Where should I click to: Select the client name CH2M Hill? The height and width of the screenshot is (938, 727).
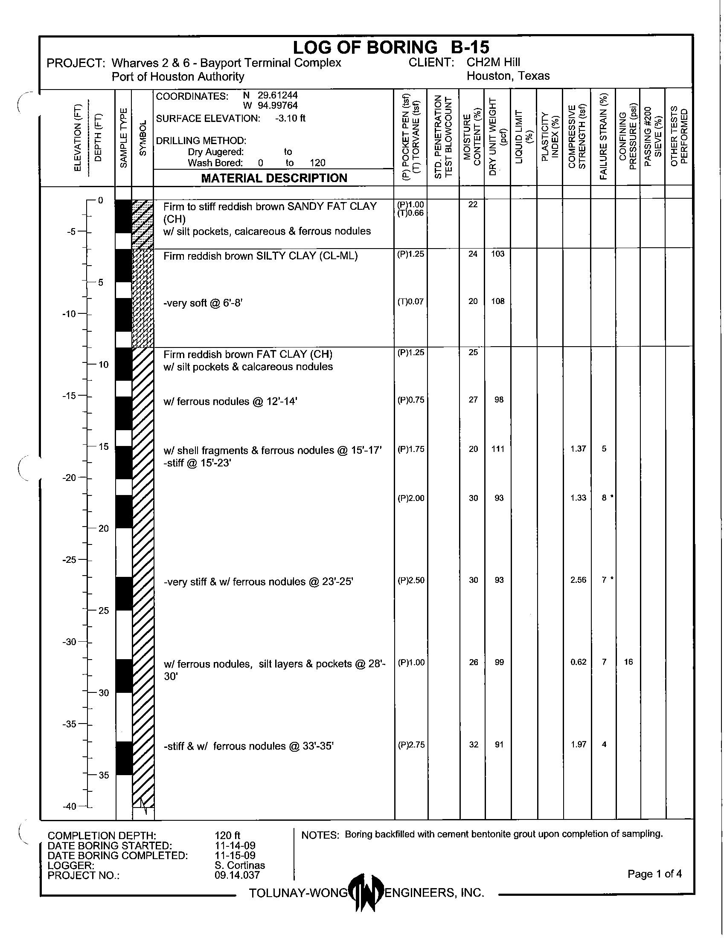click(493, 62)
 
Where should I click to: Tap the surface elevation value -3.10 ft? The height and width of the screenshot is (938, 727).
click(290, 119)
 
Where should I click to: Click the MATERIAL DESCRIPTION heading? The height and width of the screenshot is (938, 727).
click(274, 178)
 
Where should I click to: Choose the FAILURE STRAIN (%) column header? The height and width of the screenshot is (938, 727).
click(604, 136)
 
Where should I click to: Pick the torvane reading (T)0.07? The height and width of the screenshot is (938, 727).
click(411, 301)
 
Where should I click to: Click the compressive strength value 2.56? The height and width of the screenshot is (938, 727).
click(579, 580)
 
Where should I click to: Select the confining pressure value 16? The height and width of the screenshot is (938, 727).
click(628, 662)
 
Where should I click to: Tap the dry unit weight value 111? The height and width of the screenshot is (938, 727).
click(498, 449)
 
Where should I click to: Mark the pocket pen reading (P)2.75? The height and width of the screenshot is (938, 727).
click(411, 744)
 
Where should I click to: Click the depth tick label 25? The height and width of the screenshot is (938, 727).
click(104, 610)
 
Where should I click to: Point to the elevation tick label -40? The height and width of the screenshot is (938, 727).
click(70, 806)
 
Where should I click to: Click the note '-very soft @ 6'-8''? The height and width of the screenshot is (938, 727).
click(203, 303)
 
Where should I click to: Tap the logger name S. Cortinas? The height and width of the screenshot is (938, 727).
click(240, 865)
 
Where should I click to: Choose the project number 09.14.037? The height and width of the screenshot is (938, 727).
click(237, 875)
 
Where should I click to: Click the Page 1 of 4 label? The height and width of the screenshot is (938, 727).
click(654, 874)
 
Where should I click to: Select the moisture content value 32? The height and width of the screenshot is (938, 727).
click(473, 744)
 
